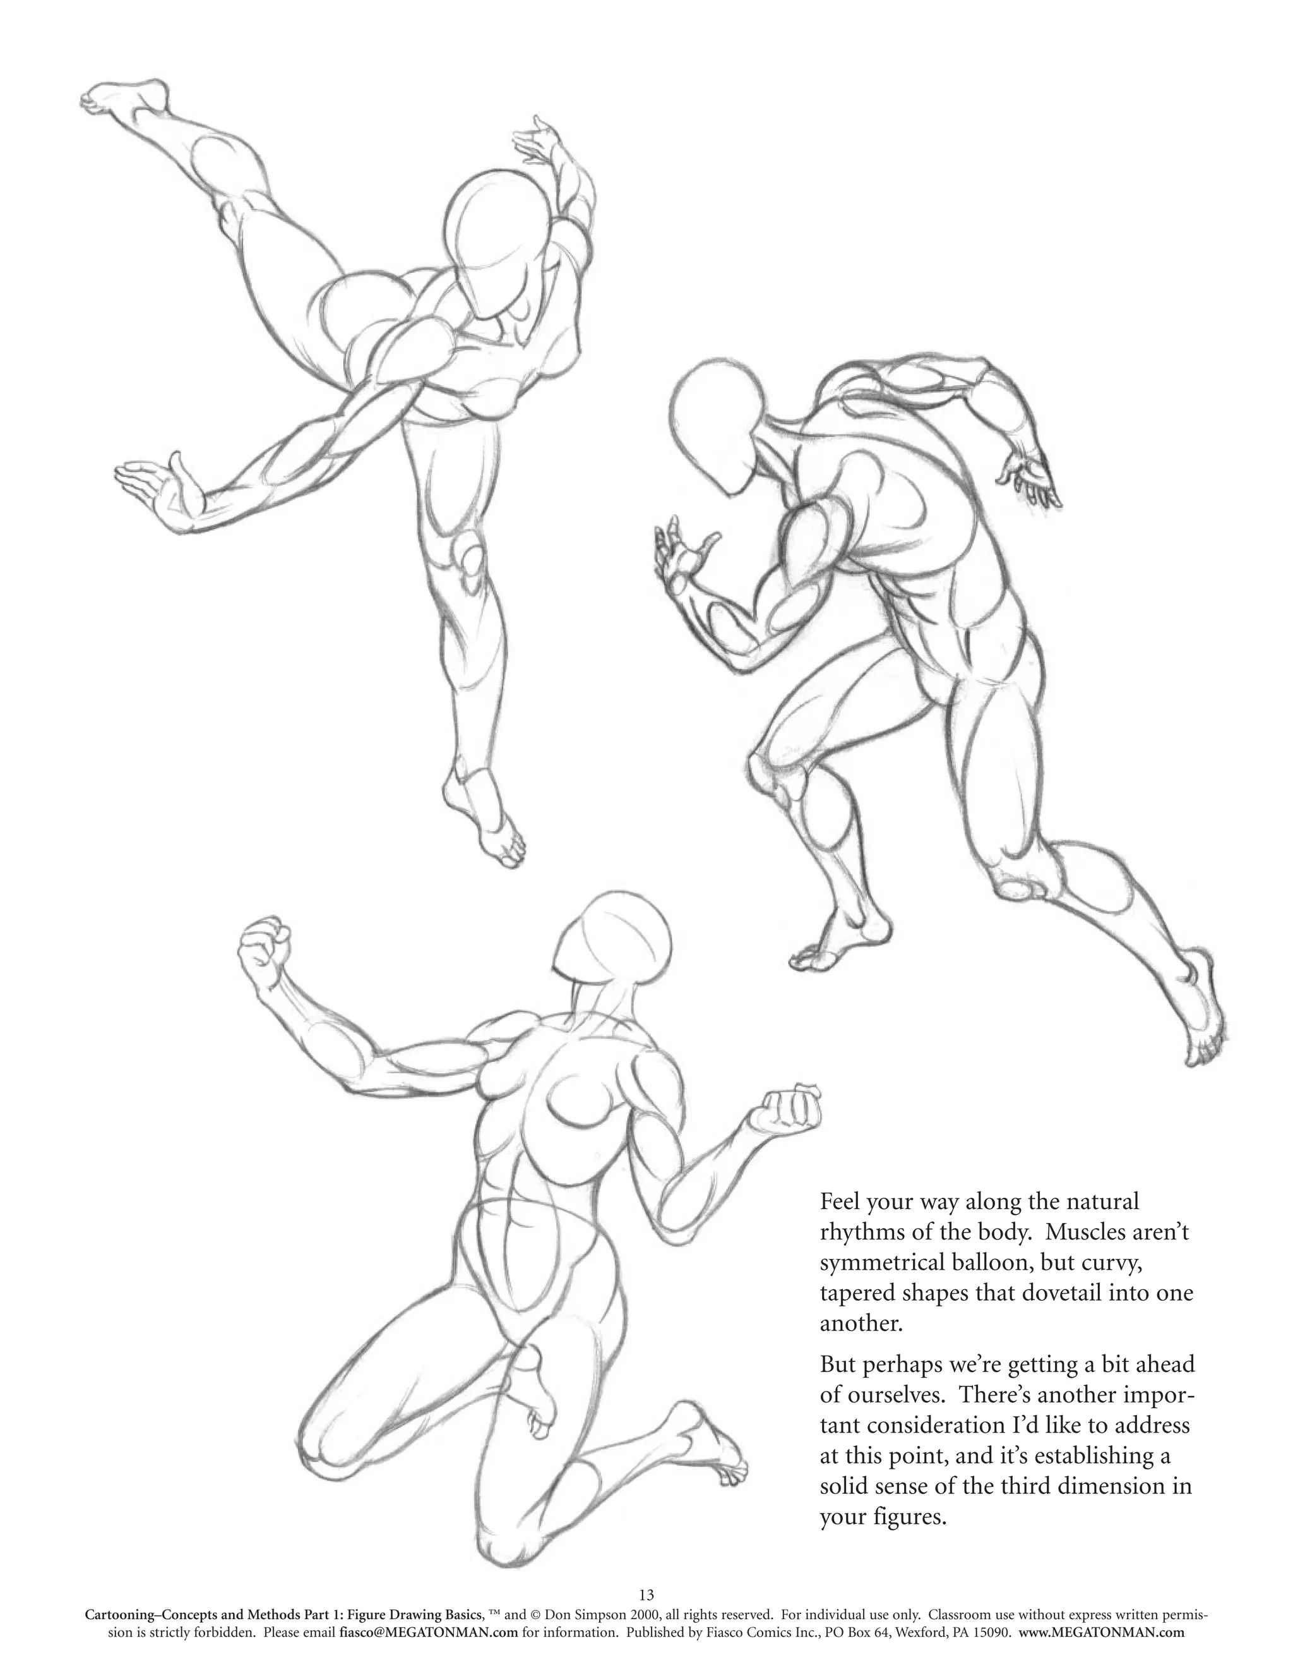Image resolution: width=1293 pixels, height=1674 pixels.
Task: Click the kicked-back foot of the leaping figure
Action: click(122, 100)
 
